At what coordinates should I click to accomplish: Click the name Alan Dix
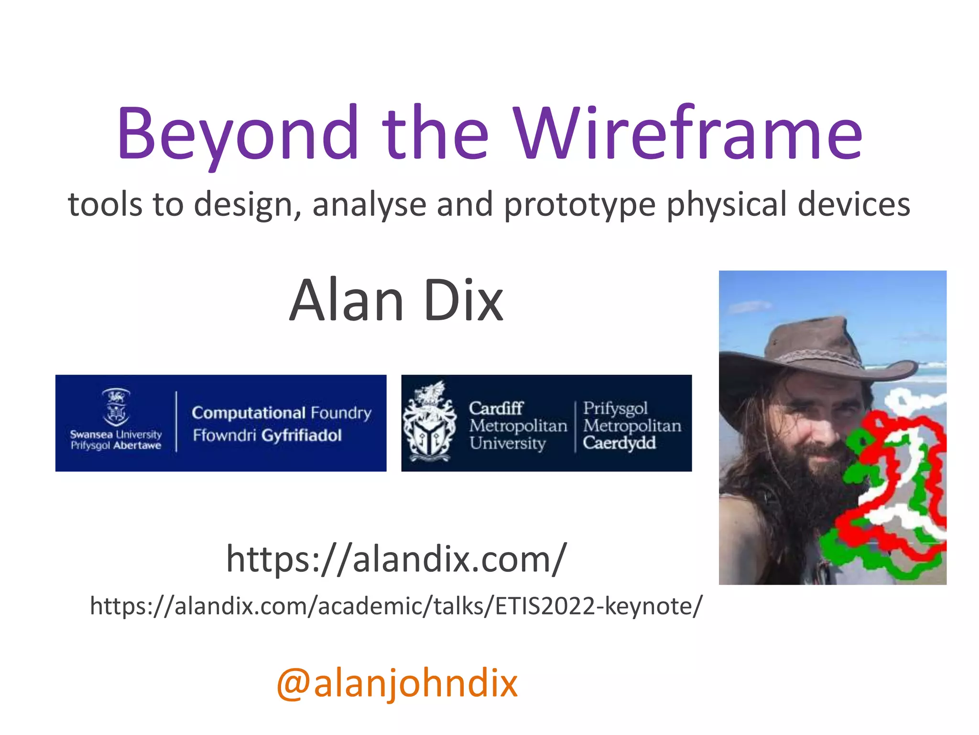pyautogui.click(x=396, y=301)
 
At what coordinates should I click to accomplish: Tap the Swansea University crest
pyautogui.click(x=116, y=407)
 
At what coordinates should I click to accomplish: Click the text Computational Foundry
pyautogui.click(x=282, y=412)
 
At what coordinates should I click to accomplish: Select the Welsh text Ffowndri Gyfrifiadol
pyautogui.click(x=267, y=435)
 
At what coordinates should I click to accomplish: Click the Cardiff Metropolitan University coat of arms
pyautogui.click(x=430, y=422)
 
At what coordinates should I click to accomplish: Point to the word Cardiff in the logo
pyautogui.click(x=496, y=408)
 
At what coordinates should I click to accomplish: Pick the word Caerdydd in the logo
pyautogui.click(x=619, y=443)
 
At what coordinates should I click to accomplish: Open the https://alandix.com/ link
pyautogui.click(x=396, y=559)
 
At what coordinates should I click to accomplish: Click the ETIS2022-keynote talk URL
pyautogui.click(x=396, y=606)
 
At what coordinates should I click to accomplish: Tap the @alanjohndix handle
pyautogui.click(x=397, y=683)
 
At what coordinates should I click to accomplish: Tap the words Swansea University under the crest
pyautogui.click(x=116, y=434)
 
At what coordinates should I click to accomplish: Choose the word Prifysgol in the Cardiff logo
pyautogui.click(x=615, y=408)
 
